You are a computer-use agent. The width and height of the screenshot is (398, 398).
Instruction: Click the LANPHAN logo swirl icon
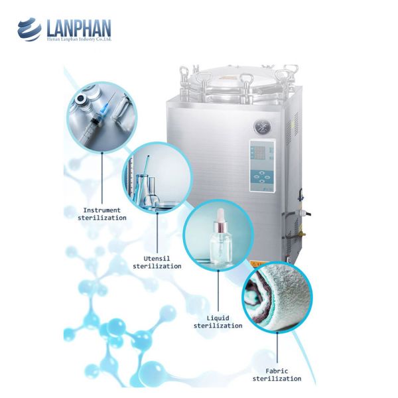click(x=29, y=29)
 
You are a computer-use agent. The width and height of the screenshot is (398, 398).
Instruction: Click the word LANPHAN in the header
click(x=78, y=28)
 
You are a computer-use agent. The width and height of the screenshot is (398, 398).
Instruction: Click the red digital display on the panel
click(x=259, y=155)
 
